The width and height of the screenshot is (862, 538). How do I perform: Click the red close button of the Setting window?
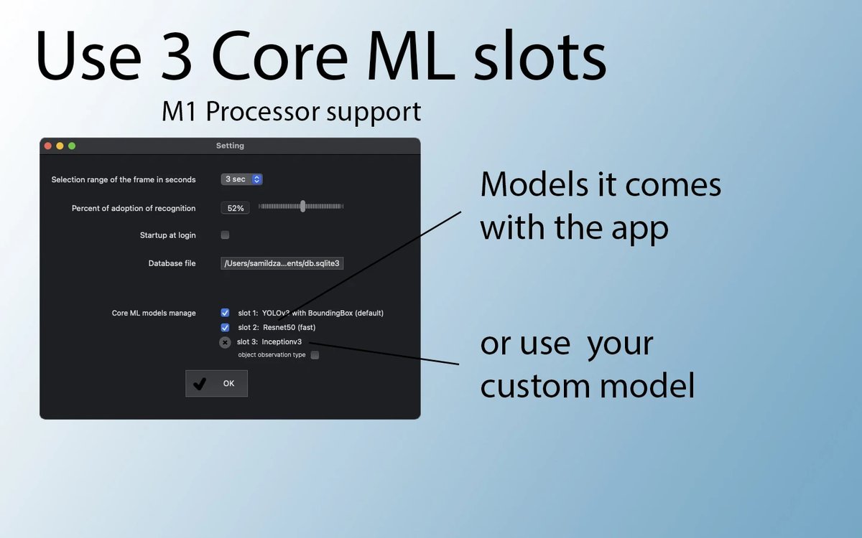click(48, 146)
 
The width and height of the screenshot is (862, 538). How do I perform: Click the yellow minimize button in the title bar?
click(60, 146)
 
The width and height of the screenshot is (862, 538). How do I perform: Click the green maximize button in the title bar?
click(72, 146)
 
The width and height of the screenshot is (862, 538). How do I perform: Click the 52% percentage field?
click(235, 208)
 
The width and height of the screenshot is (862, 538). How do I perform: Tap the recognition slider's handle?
click(303, 207)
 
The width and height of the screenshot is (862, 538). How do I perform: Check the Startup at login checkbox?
click(225, 235)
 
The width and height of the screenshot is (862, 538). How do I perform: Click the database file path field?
click(282, 263)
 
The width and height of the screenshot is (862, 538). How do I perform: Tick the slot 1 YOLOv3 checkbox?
click(225, 313)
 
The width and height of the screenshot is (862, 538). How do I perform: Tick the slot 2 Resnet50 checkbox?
click(225, 327)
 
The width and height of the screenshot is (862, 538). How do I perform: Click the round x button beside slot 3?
click(225, 342)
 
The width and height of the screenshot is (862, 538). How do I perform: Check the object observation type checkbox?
click(315, 355)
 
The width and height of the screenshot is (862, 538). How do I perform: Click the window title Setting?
click(230, 146)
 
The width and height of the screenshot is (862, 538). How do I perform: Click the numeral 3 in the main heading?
click(176, 55)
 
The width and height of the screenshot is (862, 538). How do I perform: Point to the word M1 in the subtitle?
click(179, 112)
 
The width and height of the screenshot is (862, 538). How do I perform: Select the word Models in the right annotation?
click(534, 184)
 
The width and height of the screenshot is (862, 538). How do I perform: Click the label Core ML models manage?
click(154, 313)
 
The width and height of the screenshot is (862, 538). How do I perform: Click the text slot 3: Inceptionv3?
click(269, 341)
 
